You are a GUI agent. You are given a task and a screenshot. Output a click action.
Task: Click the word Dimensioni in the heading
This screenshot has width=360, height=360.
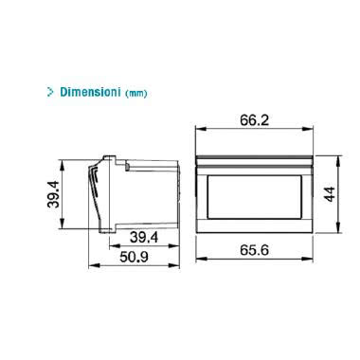click(92, 93)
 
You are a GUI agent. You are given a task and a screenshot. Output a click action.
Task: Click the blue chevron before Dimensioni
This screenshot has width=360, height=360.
click(49, 93)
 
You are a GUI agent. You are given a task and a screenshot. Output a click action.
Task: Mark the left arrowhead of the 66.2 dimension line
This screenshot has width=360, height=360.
click(197, 131)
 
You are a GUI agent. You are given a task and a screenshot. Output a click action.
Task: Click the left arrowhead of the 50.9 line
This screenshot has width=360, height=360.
click(89, 265)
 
